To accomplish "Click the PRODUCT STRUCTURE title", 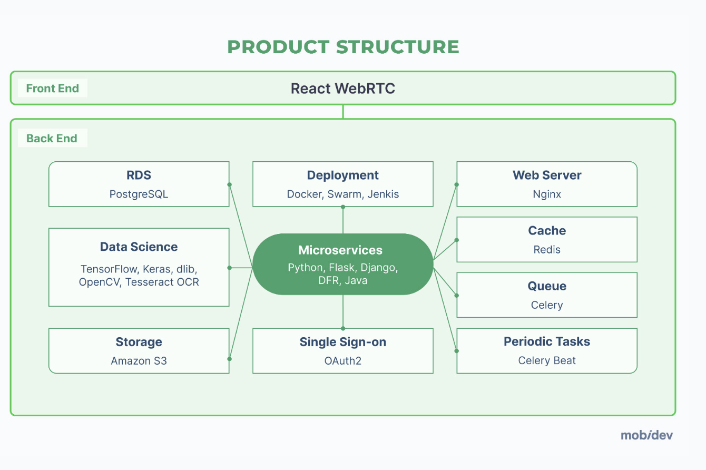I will (x=343, y=47).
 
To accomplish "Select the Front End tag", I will (x=52, y=89).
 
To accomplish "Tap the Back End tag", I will (x=52, y=139).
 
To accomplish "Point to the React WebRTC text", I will (x=343, y=88).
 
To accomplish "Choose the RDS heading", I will (x=139, y=175).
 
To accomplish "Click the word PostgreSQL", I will (x=139, y=194).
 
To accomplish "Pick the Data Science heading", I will (x=139, y=247).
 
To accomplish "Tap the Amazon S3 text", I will (x=139, y=361).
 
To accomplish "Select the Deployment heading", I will (x=343, y=175).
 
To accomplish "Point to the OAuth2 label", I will (x=343, y=361).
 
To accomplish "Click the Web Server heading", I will (x=547, y=175).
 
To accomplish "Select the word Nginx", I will (x=547, y=194).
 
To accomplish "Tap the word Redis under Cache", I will (x=547, y=250).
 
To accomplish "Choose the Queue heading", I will (x=547, y=286).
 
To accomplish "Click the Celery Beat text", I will (x=547, y=361).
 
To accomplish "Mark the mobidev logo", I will (x=646, y=435).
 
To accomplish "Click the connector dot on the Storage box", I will (x=229, y=359).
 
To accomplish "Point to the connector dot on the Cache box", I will (x=456, y=240).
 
